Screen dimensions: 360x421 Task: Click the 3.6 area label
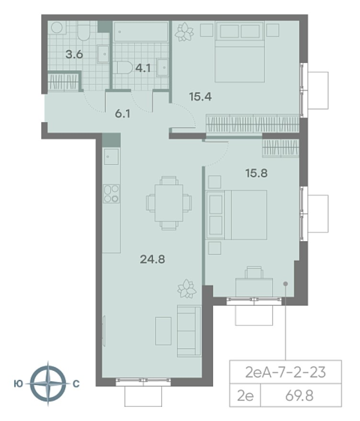74,55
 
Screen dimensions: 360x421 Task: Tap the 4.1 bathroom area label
143,68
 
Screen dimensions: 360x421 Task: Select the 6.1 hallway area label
123,114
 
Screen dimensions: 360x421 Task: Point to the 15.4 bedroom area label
201,96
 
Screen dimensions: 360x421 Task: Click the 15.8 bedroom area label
257,173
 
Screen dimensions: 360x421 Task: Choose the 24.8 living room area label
153,259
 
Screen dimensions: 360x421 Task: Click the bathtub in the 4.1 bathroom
141,32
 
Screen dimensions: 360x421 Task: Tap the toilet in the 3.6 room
84,31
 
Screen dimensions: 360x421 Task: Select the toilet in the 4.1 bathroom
122,68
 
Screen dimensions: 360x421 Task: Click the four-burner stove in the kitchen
112,194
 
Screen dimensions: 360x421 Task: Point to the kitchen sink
112,156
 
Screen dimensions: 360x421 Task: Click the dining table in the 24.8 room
169,203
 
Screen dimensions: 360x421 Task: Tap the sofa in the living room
189,331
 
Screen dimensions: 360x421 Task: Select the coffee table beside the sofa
163,331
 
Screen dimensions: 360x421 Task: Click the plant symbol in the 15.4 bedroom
184,32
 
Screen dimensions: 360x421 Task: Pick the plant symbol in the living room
187,288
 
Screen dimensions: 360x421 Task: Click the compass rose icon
48,384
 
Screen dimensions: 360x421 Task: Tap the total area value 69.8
299,396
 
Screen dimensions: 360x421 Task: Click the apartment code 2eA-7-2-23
286,372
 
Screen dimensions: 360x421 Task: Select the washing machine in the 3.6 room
57,28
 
